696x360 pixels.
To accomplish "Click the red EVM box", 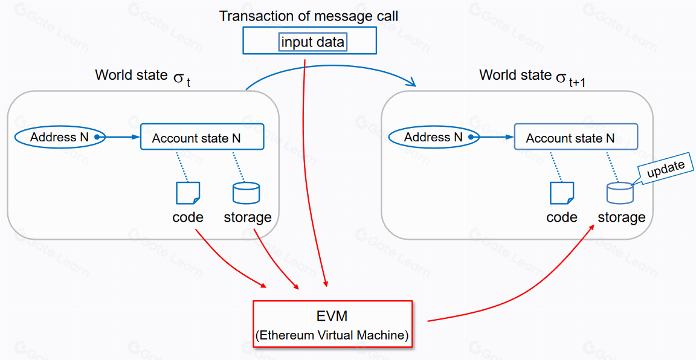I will click(332, 323).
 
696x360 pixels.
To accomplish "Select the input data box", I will click(312, 42).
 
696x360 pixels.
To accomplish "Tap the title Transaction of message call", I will click(309, 16).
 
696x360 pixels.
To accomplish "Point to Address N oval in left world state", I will click(60, 137).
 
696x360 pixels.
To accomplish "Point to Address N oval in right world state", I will click(433, 137).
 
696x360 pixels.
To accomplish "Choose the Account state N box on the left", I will click(202, 137).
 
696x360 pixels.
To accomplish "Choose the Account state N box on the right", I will click(575, 137).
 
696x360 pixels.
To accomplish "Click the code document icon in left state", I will click(187, 193).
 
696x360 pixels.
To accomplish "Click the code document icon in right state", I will click(561, 193).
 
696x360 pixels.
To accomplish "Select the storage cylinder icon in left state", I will click(246, 193).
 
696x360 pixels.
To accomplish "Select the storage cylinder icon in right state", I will click(620, 193).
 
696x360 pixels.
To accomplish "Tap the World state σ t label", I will click(143, 77).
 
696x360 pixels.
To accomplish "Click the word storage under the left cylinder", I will click(248, 217).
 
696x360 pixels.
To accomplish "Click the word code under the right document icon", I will click(562, 217).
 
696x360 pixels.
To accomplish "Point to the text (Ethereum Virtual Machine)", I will click(332, 335).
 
